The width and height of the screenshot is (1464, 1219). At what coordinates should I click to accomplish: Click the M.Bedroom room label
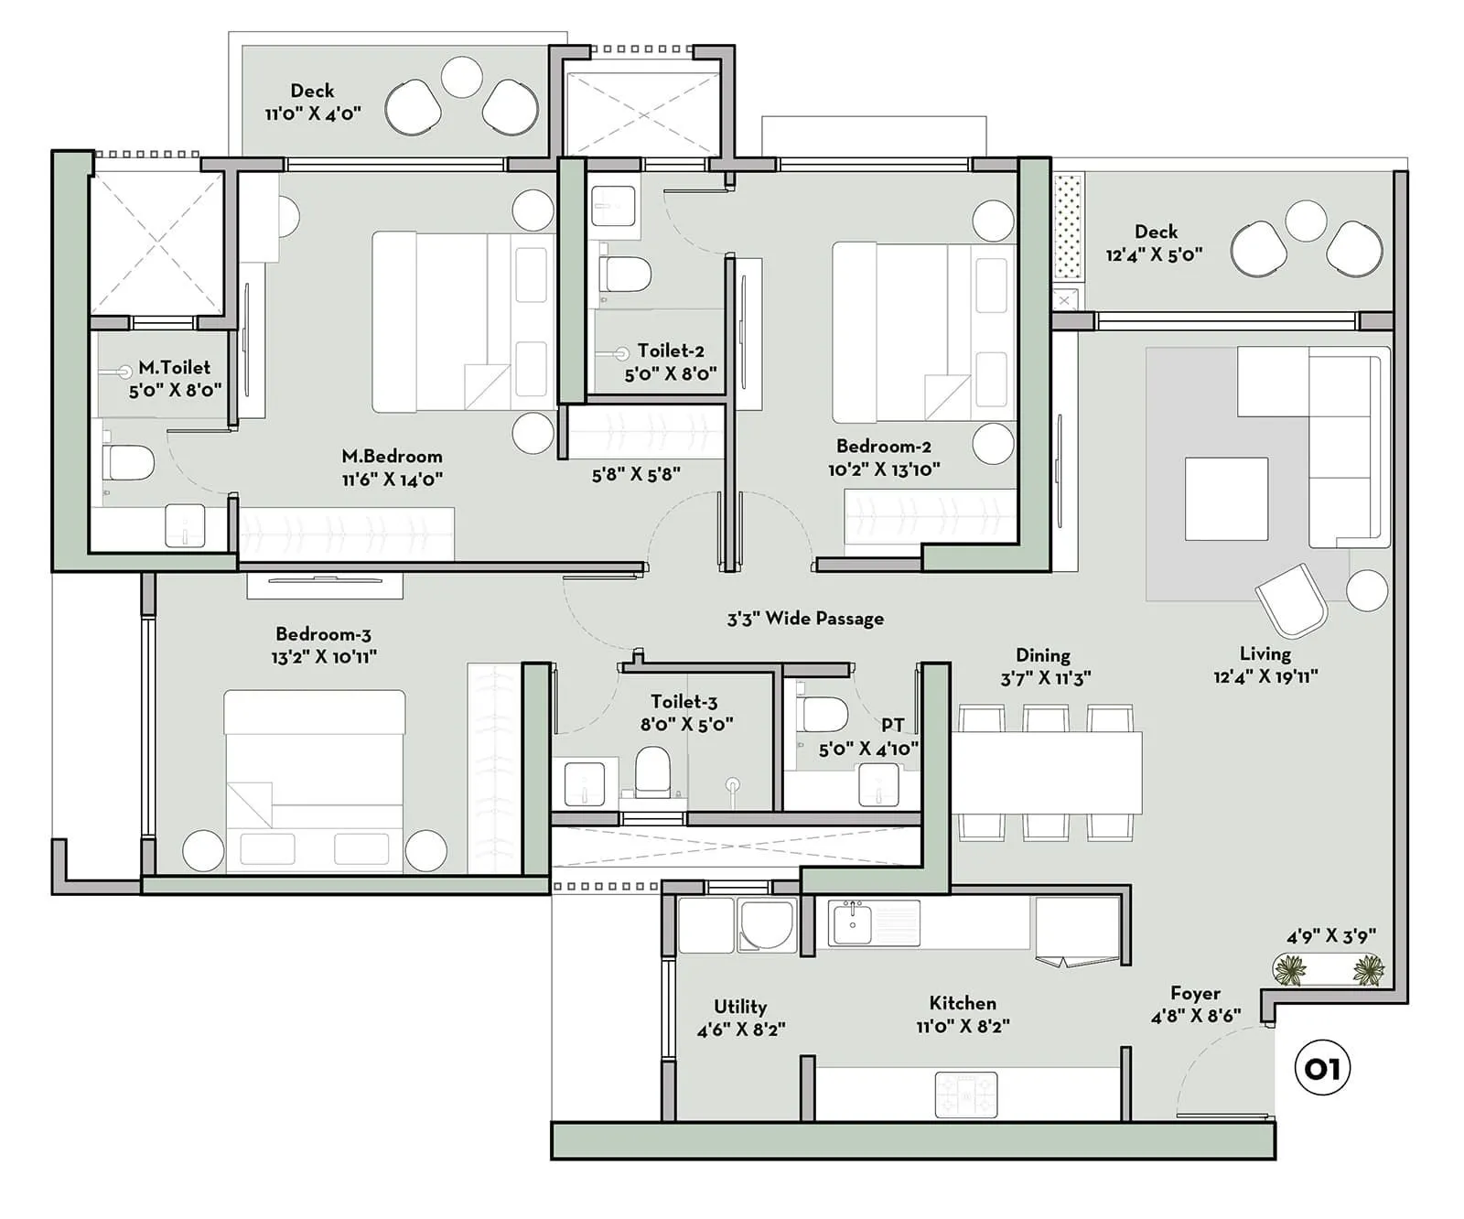[392, 456]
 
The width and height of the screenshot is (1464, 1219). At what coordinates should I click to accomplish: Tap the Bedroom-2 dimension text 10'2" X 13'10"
[884, 469]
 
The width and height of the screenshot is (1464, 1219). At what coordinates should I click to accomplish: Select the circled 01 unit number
[1322, 1068]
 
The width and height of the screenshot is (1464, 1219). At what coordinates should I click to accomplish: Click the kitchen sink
[853, 922]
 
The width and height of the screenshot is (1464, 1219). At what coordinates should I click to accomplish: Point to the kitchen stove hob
[965, 1094]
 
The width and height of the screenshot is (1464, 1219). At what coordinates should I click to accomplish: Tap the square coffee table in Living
[1226, 499]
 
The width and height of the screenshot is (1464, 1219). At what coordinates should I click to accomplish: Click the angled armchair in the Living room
[1291, 599]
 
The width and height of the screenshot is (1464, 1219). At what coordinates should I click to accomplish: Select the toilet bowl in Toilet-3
[652, 770]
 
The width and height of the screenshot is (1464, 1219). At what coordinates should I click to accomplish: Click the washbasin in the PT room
[877, 785]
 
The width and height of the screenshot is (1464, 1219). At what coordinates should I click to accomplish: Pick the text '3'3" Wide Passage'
[805, 619]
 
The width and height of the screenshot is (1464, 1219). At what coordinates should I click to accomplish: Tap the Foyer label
[1195, 993]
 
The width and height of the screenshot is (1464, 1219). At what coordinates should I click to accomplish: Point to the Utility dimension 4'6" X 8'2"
[741, 1030]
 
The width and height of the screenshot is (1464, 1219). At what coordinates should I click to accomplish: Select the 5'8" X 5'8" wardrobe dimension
[636, 475]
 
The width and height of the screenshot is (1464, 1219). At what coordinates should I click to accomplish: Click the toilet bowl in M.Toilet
[129, 462]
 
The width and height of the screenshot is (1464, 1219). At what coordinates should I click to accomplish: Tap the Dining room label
[1043, 655]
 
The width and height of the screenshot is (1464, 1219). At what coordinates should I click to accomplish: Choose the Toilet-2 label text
[671, 351]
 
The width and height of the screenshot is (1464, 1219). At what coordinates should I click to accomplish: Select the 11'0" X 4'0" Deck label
[313, 113]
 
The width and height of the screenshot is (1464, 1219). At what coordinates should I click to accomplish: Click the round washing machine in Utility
[767, 924]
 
